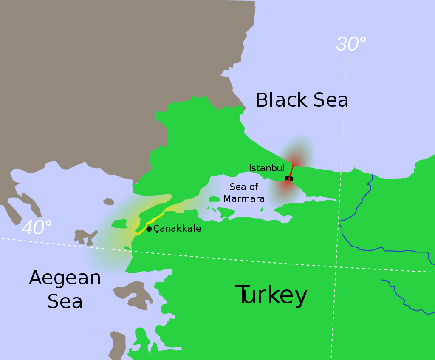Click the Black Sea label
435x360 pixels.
tap(302, 101)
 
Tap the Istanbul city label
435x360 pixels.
tap(266, 168)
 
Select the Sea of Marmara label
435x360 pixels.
tap(244, 193)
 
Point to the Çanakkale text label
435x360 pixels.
tap(177, 229)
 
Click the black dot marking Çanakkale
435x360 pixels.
tap(149, 229)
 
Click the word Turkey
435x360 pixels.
tap(272, 295)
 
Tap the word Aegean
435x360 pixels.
tap(65, 278)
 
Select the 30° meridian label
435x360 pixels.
tap(351, 44)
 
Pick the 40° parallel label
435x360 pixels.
tap(37, 228)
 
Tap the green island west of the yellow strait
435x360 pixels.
tap(119, 223)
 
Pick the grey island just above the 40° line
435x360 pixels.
tap(85, 236)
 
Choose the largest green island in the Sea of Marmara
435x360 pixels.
tap(226, 211)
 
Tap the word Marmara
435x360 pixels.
tap(244, 198)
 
